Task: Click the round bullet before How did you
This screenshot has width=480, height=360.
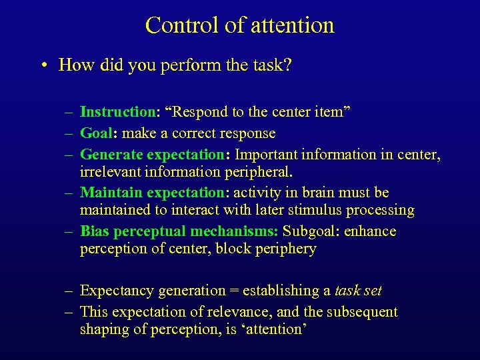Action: pyautogui.click(x=43, y=65)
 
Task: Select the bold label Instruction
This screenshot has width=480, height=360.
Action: pyautogui.click(x=117, y=112)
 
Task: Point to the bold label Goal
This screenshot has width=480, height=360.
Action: pyautogui.click(x=97, y=133)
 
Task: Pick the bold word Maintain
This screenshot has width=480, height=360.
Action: pyautogui.click(x=111, y=193)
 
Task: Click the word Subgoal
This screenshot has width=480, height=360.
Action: pyautogui.click(x=309, y=231)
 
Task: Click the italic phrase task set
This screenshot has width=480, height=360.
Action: pyautogui.click(x=358, y=291)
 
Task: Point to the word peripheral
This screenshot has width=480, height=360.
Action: pyautogui.click(x=258, y=173)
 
